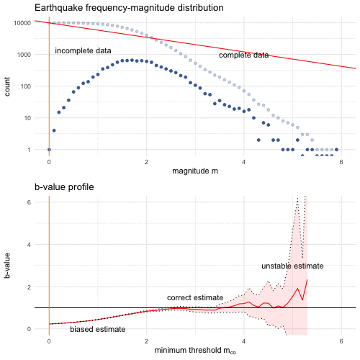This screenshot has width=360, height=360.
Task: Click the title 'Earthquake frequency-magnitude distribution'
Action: pos(129,8)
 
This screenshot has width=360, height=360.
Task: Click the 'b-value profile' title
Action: pos(64,187)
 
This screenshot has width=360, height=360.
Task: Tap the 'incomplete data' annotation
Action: pos(83,51)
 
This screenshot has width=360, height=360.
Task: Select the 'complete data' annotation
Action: pos(243,55)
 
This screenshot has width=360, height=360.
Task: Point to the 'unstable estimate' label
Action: pos(292,266)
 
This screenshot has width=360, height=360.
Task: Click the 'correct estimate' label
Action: pos(195,297)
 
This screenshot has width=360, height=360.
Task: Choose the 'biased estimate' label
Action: pos(98,329)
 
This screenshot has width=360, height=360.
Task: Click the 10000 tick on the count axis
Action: pos(22,23)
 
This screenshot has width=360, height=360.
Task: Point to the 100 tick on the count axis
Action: pos(26,86)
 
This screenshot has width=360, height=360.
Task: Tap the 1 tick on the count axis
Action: pos(29,150)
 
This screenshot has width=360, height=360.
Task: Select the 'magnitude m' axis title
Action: pos(195,171)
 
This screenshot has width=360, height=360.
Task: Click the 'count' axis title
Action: pos(7,86)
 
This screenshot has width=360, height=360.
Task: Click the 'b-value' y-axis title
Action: pos(7,266)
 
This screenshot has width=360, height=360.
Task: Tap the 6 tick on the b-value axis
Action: pos(29,202)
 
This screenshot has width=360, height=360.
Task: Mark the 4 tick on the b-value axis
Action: pos(29,245)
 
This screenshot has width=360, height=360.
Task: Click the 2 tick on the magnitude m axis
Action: pos(146,162)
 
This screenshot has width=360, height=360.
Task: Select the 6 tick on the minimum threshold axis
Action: pos(341,341)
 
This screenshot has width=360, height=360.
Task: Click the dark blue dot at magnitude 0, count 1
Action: pos(49,150)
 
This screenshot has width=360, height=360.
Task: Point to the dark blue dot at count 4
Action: pos(54,130)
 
